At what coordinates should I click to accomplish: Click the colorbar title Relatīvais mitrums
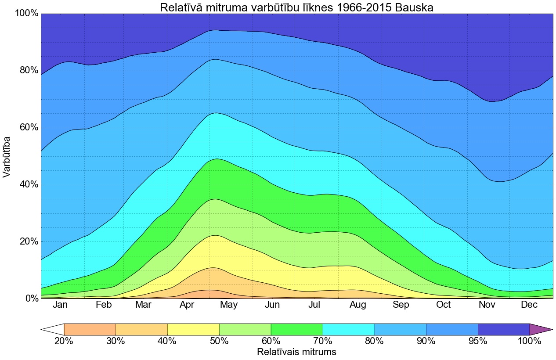(x=296, y=352)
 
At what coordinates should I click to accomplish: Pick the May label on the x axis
(x=229, y=305)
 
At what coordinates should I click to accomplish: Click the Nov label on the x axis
(x=487, y=305)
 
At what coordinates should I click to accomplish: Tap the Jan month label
(x=60, y=305)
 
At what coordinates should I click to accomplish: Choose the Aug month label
(x=357, y=305)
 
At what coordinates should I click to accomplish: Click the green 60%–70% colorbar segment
(x=296, y=329)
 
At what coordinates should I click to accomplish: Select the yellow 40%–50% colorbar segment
(x=193, y=329)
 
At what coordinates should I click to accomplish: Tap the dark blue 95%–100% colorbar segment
(x=503, y=329)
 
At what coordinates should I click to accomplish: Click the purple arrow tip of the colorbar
(x=540, y=329)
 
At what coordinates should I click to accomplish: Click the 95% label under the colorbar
(x=478, y=341)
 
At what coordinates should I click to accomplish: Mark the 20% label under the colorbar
(x=64, y=341)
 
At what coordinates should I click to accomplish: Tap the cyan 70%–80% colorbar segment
(x=348, y=329)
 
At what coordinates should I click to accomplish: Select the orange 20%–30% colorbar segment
(x=90, y=329)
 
